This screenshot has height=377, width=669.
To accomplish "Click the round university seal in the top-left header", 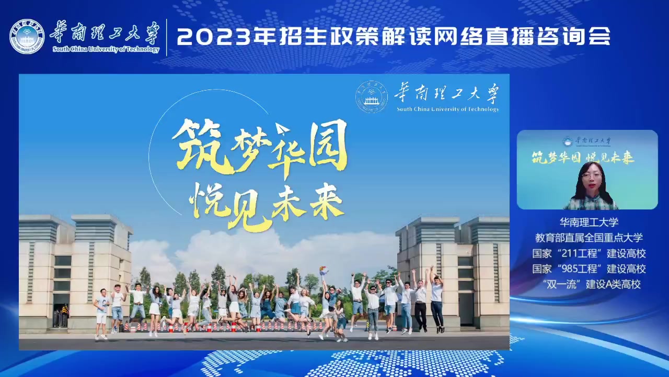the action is pyautogui.click(x=27, y=37).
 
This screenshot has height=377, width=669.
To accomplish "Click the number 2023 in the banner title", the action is pyautogui.click(x=214, y=37).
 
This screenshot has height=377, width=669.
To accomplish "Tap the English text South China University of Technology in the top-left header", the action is pyautogui.click(x=106, y=49).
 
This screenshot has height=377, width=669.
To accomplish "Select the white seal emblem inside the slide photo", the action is pyautogui.click(x=372, y=97).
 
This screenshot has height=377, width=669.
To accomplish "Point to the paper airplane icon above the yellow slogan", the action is pyautogui.click(x=282, y=129).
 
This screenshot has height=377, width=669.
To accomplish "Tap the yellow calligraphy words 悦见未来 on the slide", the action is pyautogui.click(x=267, y=206).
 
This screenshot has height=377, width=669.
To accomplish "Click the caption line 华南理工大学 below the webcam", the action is pyautogui.click(x=589, y=222).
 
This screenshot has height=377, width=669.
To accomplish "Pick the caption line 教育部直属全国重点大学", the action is pyautogui.click(x=589, y=238).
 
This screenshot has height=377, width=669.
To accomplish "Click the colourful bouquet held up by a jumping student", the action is pyautogui.click(x=324, y=271).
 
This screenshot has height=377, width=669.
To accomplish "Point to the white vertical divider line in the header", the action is pyautogui.click(x=166, y=37).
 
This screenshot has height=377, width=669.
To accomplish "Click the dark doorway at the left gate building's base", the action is pyautogui.click(x=61, y=314).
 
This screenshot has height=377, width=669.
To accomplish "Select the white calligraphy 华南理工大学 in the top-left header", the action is pyautogui.click(x=105, y=32).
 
